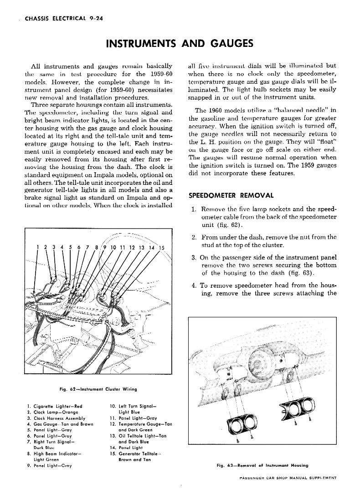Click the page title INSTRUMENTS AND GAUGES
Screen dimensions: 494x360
coord(179,44)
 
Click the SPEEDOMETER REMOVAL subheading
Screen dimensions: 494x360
coord(231,196)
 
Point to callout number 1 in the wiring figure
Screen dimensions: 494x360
coord(37,247)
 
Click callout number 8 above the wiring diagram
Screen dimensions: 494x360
coord(97,247)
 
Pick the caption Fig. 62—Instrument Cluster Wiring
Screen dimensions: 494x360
coord(98,389)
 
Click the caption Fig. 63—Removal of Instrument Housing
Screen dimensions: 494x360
coord(262,465)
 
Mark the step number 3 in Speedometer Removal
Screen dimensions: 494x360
coord(194,259)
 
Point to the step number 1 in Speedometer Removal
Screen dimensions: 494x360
coord(194,209)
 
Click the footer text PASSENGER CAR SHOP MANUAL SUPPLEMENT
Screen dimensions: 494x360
coord(288,479)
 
